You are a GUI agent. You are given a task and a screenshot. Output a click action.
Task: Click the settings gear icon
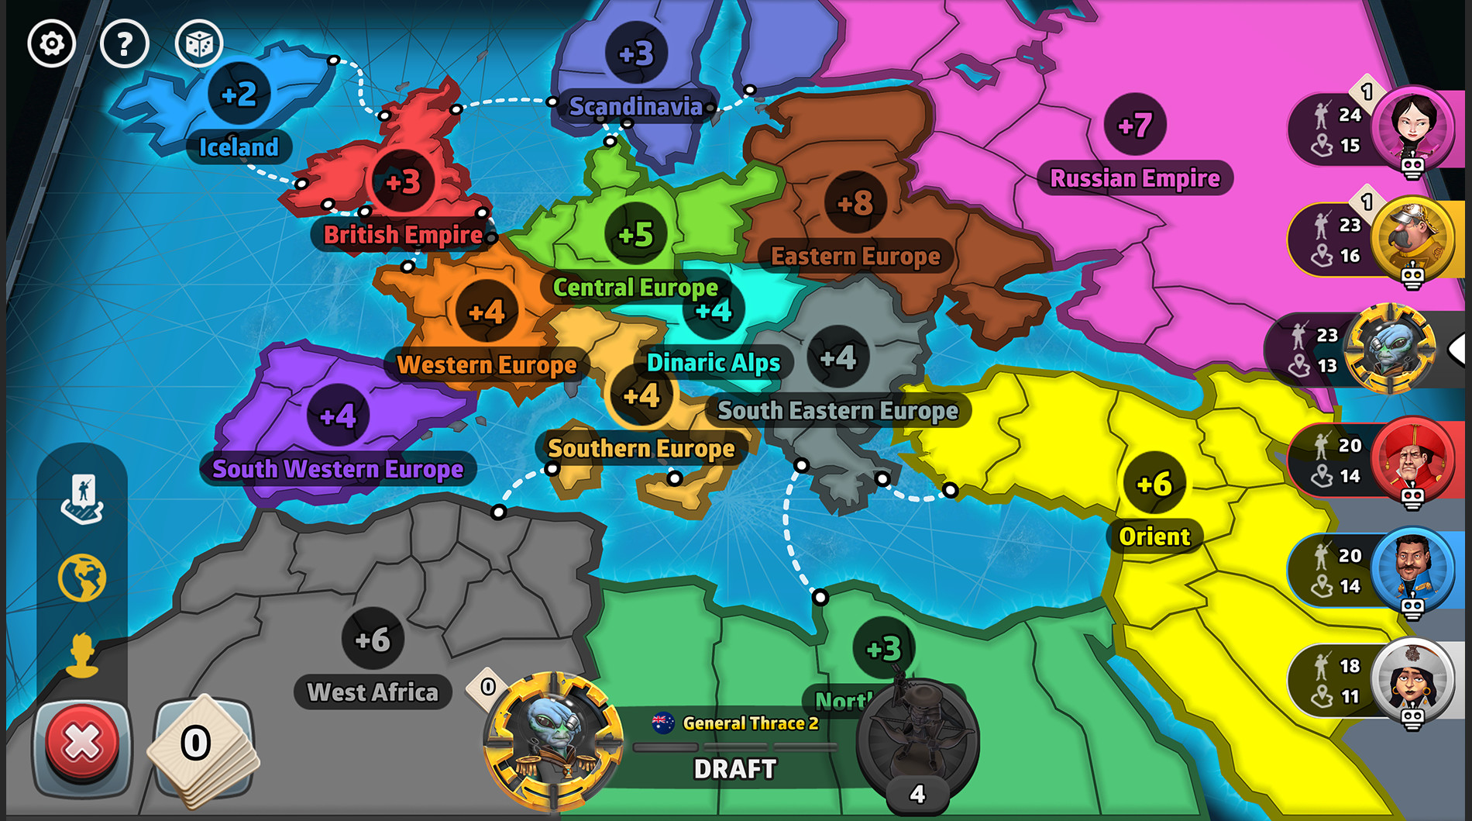[x=51, y=43]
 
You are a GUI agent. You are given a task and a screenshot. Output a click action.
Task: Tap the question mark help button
[x=124, y=43]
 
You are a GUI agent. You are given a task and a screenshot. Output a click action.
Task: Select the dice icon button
[x=198, y=43]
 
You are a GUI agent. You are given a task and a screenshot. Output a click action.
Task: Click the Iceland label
[x=239, y=147]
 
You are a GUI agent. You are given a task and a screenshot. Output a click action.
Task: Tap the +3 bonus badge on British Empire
[x=403, y=182]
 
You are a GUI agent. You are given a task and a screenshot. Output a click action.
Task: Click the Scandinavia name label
[x=635, y=106]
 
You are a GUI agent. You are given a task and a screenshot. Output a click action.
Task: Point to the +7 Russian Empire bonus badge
[x=1135, y=125]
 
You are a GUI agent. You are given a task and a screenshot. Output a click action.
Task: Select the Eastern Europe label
[x=855, y=256]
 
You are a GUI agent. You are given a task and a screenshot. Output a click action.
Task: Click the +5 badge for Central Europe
[x=635, y=234]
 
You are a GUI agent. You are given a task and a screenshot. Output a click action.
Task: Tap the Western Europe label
[x=487, y=364]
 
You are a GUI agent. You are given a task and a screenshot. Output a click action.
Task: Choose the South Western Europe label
[x=338, y=468]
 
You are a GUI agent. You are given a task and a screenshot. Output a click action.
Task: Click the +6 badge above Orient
[x=1154, y=485]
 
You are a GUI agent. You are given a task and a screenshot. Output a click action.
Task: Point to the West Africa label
[x=373, y=692]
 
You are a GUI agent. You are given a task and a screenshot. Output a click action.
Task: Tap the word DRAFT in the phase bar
[x=734, y=769]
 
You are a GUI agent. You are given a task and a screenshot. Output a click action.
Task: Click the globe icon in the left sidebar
[x=82, y=578]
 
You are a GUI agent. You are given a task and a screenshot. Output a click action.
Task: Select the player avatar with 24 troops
[x=1413, y=126]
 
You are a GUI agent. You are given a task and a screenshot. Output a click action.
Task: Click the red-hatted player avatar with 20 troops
[x=1413, y=459]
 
